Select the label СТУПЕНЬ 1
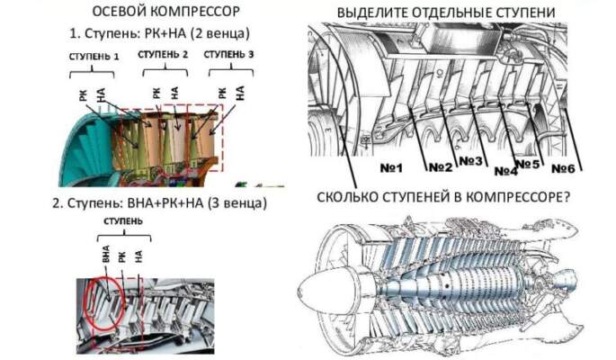(x=94, y=56)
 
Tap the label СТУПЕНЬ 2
(x=162, y=54)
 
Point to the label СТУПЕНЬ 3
(x=229, y=54)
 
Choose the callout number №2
(x=440, y=167)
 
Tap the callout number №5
(x=532, y=163)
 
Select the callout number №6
(x=564, y=168)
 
